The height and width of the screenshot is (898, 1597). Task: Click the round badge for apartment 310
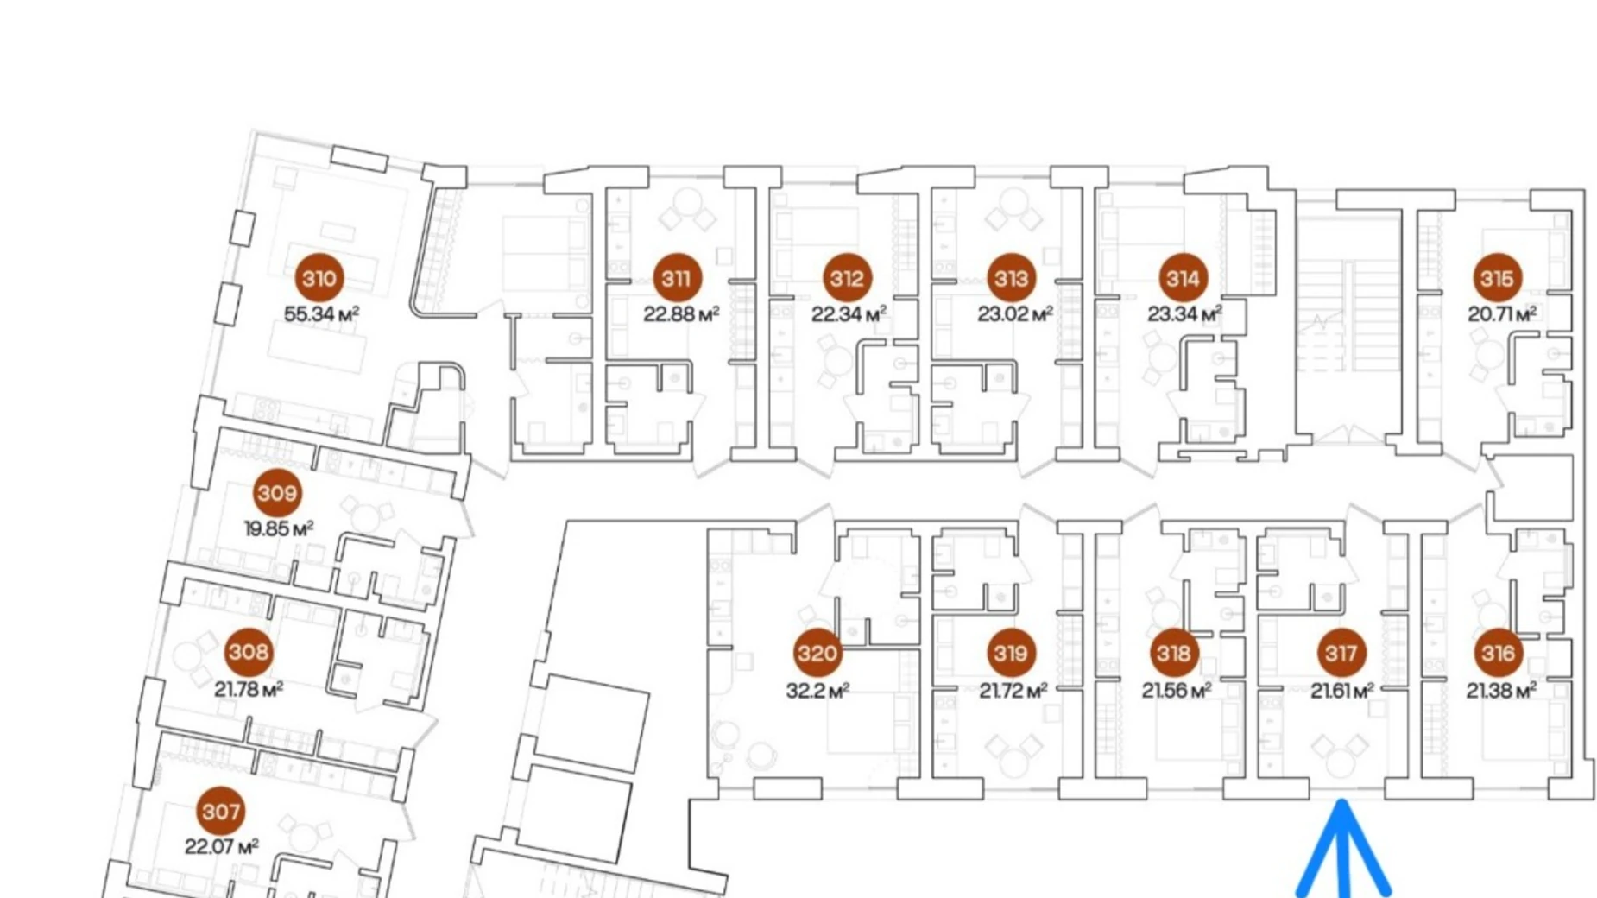[319, 278]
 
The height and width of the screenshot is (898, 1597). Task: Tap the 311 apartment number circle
[676, 278]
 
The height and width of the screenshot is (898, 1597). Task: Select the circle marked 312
[846, 278]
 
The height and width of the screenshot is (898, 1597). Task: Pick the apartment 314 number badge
[1182, 278]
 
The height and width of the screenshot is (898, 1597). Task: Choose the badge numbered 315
[1497, 278]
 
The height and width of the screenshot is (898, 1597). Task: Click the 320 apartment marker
[817, 653]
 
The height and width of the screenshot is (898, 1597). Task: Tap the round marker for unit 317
[1341, 653]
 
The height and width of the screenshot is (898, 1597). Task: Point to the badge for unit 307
[221, 811]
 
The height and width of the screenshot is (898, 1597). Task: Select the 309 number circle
[277, 493]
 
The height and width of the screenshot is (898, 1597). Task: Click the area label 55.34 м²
[321, 314]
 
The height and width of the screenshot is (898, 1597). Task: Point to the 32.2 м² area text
[817, 691]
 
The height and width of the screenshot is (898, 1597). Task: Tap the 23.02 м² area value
[1015, 314]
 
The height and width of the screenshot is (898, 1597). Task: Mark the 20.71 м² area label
[1502, 314]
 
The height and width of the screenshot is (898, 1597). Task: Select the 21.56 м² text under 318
[1177, 691]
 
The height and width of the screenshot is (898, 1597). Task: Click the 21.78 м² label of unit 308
[249, 689]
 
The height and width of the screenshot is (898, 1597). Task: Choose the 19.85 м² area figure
[278, 528]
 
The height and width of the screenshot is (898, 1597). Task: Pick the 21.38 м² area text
[1501, 691]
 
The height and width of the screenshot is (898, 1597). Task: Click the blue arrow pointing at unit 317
[1342, 851]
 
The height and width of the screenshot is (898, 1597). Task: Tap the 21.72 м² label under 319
[1013, 691]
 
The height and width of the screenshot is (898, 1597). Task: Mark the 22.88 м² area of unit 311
[681, 314]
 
